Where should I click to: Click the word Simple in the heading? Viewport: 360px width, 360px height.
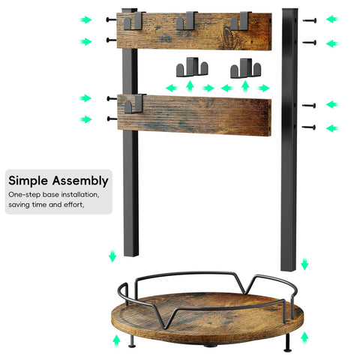28,181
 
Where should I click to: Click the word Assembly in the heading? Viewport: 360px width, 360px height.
80,181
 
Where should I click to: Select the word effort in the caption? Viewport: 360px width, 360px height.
73,205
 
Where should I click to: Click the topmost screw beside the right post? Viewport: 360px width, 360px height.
310,20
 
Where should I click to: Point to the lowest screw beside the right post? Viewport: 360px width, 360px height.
308,127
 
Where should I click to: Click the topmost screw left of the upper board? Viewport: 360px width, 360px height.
112,19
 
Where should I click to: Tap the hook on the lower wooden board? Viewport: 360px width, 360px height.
134,103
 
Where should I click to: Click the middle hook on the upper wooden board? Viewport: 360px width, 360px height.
187,21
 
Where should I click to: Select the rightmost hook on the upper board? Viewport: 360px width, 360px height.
241,21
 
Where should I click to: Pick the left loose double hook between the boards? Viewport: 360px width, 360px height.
192,67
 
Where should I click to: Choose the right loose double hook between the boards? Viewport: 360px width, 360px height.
246,68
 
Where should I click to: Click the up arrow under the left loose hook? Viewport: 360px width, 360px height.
190,86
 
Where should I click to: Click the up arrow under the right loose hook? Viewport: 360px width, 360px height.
245,87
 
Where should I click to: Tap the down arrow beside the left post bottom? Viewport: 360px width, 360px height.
112,256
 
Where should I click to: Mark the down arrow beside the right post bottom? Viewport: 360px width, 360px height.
304,264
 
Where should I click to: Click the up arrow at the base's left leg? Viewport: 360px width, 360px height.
116,340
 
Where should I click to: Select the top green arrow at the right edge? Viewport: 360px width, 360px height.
332,19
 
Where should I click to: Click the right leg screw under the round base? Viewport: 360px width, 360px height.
288,343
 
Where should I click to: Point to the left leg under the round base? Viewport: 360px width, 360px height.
132,341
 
